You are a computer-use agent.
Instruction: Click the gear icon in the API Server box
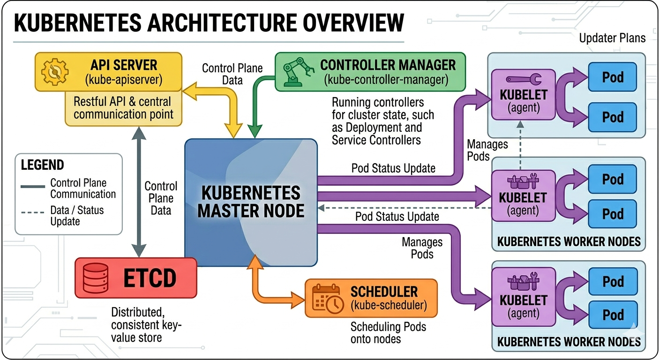[55, 72]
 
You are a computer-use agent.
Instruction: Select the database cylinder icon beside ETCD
[95, 278]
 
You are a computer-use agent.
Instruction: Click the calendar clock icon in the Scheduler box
[328, 299]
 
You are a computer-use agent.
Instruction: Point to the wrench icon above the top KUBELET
[524, 79]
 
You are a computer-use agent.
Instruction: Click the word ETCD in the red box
[150, 278]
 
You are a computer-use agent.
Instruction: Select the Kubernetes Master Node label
[251, 202]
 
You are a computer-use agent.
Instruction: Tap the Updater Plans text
[612, 38]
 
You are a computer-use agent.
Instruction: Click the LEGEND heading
[43, 165]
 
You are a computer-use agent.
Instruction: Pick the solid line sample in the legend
[33, 187]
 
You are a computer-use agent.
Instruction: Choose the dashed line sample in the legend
[33, 212]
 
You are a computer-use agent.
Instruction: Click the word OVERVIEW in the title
[353, 22]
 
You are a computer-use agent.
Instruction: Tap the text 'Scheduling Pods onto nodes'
[388, 333]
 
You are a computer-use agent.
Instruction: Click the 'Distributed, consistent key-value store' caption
[146, 325]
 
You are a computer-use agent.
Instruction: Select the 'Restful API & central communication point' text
[123, 108]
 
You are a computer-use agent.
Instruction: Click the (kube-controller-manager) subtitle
[386, 80]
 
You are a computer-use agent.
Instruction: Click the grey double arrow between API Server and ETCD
[139, 192]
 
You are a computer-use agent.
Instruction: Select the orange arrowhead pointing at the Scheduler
[298, 300]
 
